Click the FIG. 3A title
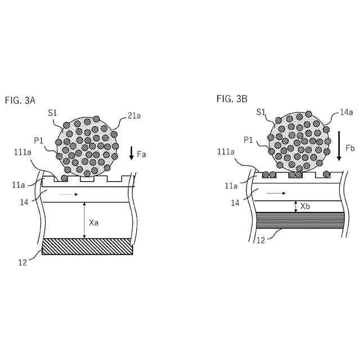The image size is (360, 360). coord(20,101)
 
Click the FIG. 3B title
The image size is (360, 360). coord(232,99)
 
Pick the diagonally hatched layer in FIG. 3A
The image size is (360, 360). coord(87,246)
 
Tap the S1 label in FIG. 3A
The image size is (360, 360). coord(53,113)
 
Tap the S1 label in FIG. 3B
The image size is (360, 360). coord(261,112)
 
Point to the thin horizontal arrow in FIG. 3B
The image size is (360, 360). coord(275,193)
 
